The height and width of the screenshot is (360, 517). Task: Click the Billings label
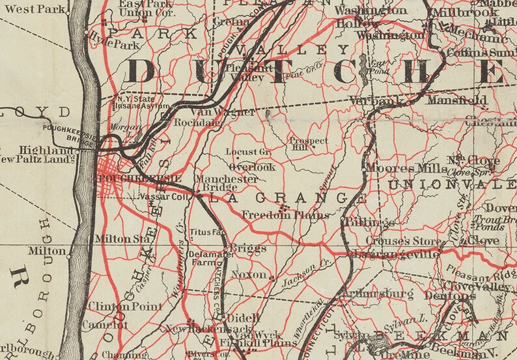tap(366, 223)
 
